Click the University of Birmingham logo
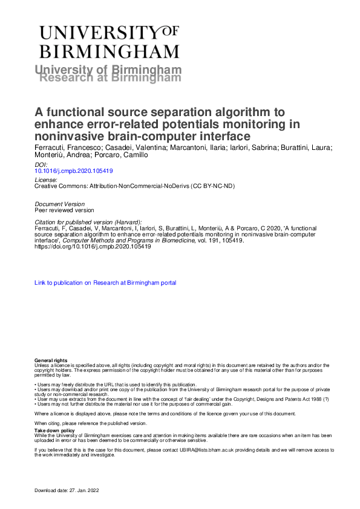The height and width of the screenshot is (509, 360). click(109, 42)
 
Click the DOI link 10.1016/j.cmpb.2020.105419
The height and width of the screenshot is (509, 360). click(74, 171)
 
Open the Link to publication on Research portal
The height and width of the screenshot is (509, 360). click(105, 282)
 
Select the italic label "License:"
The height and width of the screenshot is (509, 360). click(47, 180)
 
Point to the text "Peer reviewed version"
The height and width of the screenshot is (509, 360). click(65, 210)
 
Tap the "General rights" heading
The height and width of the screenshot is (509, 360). click(51, 360)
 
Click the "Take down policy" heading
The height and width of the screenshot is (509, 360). click(53, 431)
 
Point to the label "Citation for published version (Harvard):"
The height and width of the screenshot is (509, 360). click(88, 222)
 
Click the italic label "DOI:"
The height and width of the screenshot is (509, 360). click(41, 165)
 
